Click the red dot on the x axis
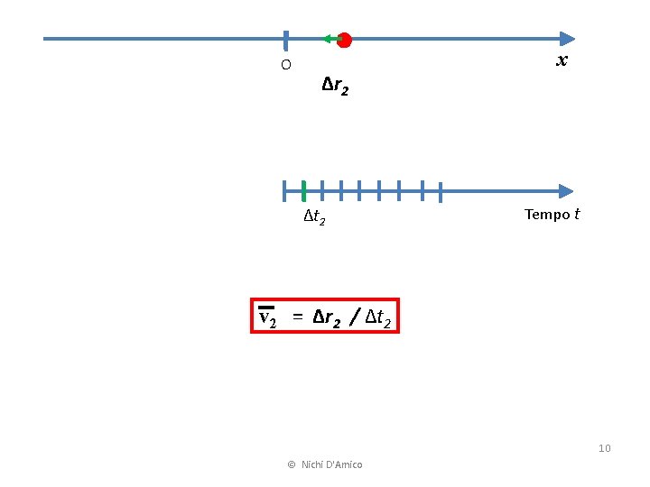pos(344,39)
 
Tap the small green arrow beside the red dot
pos(330,39)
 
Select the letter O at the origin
pos(285,65)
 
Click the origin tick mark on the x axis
pos(285,39)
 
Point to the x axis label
pos(562,60)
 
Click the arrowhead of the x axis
pos(566,39)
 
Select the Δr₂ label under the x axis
pos(335,87)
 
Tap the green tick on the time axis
pos(304,190)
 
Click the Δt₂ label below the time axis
pos(315,217)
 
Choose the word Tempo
pos(547,215)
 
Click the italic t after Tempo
pos(577,215)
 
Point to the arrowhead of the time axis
pos(566,191)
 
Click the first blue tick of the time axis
pos(284,190)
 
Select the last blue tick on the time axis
pos(440,191)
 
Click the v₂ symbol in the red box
pos(267,317)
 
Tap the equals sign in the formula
pos(297,317)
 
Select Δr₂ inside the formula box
pos(327,317)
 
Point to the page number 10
pos(604,448)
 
